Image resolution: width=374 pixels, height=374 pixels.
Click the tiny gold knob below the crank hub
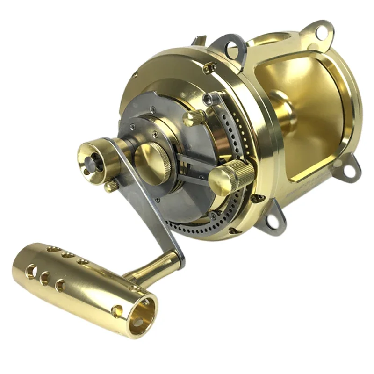pyautogui.click(x=111, y=186)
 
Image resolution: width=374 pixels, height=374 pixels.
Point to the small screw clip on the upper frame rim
pyautogui.click(x=209, y=68)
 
